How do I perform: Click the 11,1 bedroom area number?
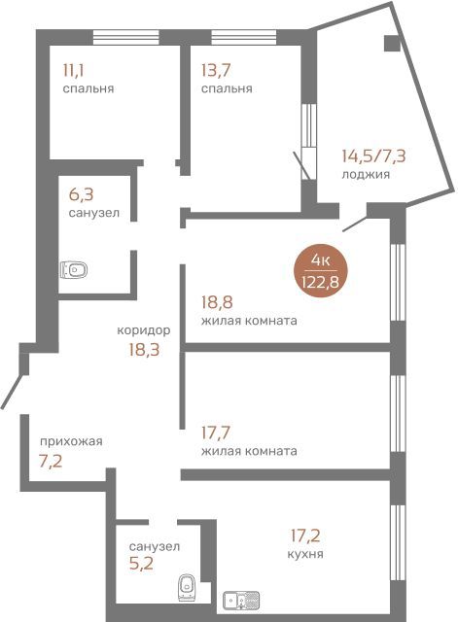click(74, 71)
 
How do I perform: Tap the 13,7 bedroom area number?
click(216, 71)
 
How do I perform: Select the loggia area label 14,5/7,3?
click(373, 155)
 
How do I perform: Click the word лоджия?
click(366, 175)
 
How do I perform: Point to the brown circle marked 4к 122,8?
click(320, 271)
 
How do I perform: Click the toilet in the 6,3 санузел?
click(74, 270)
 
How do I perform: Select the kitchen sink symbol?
click(241, 601)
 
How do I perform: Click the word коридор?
click(144, 330)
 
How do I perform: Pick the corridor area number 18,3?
click(144, 350)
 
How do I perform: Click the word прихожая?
click(71, 441)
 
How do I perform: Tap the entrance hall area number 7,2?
click(51, 462)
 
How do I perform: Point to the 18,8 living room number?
click(217, 302)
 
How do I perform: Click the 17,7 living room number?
click(216, 432)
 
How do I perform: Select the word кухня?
click(305, 554)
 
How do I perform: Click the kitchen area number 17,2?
click(305, 536)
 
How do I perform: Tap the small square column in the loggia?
click(392, 43)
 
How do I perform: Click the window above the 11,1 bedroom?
click(126, 37)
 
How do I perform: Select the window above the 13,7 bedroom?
click(244, 37)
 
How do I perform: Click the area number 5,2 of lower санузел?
click(141, 564)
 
